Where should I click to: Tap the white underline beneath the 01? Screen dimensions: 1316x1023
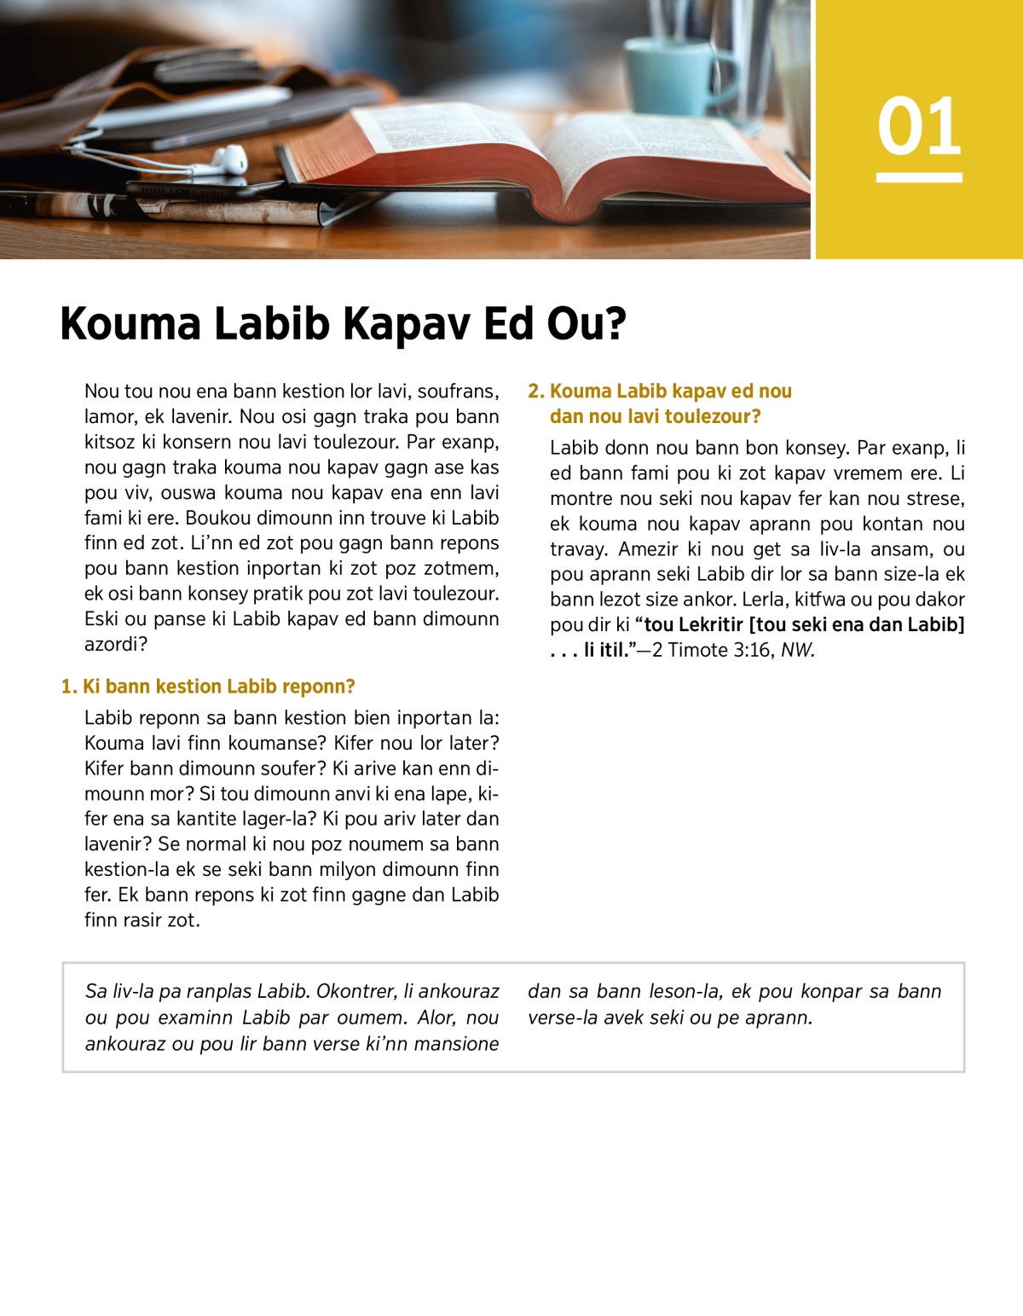coord(919,177)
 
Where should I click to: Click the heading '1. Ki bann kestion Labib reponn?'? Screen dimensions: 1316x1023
coord(208,687)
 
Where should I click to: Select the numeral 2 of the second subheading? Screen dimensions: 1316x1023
coord(534,391)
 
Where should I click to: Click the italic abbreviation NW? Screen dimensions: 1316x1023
coord(798,650)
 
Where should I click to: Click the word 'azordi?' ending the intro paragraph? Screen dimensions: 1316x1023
coord(116,644)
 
